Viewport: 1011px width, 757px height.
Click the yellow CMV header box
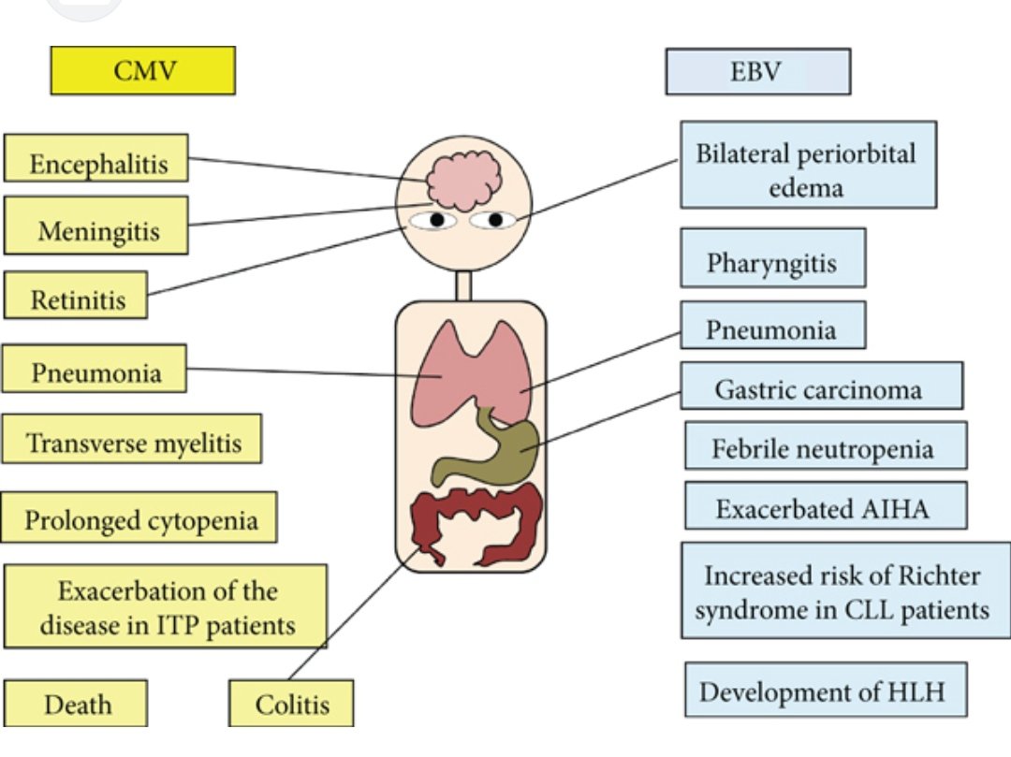[x=141, y=70]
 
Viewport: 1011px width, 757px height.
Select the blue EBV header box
[x=757, y=72]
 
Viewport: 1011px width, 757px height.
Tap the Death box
[x=76, y=703]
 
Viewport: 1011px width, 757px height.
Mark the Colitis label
[x=292, y=703]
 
